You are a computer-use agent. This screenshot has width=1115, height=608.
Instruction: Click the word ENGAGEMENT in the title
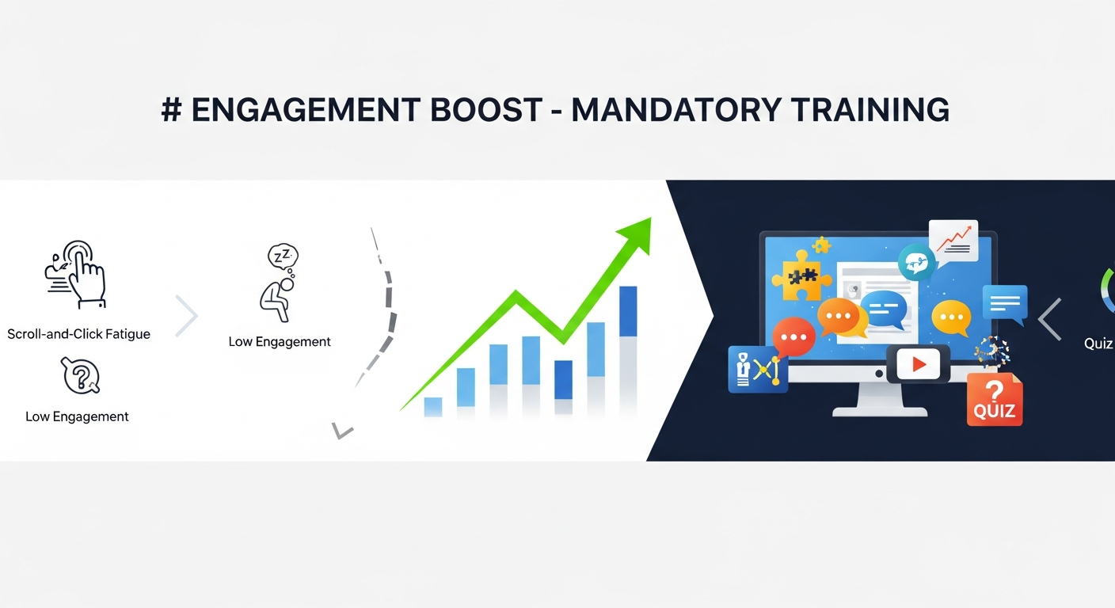[x=306, y=110]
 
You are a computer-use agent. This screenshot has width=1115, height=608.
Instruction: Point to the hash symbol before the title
[x=170, y=110]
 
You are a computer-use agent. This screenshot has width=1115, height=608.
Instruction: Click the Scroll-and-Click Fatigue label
[x=78, y=334]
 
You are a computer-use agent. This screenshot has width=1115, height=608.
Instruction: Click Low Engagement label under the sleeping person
[x=280, y=342]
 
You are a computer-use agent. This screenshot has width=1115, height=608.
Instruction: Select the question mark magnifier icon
[x=80, y=377]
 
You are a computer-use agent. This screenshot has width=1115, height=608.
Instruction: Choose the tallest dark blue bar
[x=628, y=311]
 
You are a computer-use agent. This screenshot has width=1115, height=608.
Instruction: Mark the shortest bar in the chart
[x=433, y=406]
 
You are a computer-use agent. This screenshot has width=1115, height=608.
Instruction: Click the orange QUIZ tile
[x=995, y=401]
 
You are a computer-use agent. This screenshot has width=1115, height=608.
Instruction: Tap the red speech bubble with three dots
[x=793, y=338]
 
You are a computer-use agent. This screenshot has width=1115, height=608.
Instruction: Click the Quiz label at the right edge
[x=1098, y=344]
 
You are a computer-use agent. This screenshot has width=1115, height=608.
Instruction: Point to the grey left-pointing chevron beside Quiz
[x=1050, y=319]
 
